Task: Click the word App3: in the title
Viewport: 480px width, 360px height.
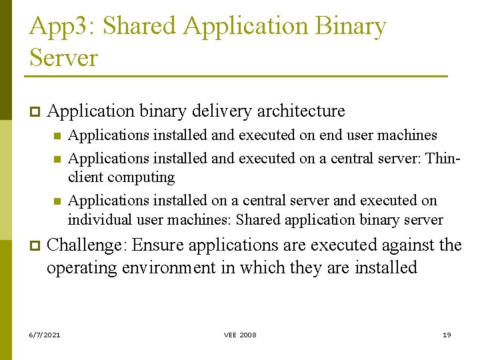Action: [x=63, y=27]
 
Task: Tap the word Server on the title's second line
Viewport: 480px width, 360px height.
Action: [x=63, y=57]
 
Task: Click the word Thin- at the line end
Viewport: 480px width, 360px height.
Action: [x=443, y=159]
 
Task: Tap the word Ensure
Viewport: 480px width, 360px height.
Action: [x=158, y=245]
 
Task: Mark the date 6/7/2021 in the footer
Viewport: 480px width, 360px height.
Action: [x=45, y=335]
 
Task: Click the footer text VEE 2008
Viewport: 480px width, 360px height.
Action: [x=240, y=335]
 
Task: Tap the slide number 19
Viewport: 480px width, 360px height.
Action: [x=447, y=335]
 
